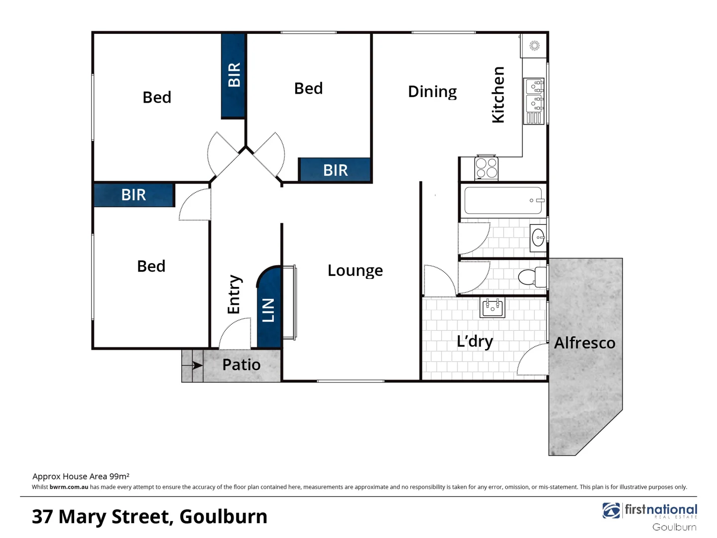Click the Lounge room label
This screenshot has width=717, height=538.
(355, 270)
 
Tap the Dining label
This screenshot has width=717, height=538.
(432, 92)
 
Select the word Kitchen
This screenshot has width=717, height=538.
(498, 95)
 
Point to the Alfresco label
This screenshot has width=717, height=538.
(585, 343)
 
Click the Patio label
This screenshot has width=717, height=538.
(241, 365)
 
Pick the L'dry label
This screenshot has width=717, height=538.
(475, 341)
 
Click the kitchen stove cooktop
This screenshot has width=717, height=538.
(486, 167)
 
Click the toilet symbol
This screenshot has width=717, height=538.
(531, 277)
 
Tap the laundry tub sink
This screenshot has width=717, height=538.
(492, 307)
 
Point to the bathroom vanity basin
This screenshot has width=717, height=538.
(538, 238)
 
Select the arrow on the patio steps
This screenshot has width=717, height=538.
(197, 365)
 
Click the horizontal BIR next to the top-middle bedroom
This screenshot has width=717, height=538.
(335, 170)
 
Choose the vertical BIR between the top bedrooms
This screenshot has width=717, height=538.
(234, 75)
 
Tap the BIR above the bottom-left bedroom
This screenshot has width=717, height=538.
(133, 195)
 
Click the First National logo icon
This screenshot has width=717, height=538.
(611, 511)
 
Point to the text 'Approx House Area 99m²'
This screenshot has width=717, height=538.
(81, 476)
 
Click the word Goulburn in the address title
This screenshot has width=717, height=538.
(223, 517)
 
